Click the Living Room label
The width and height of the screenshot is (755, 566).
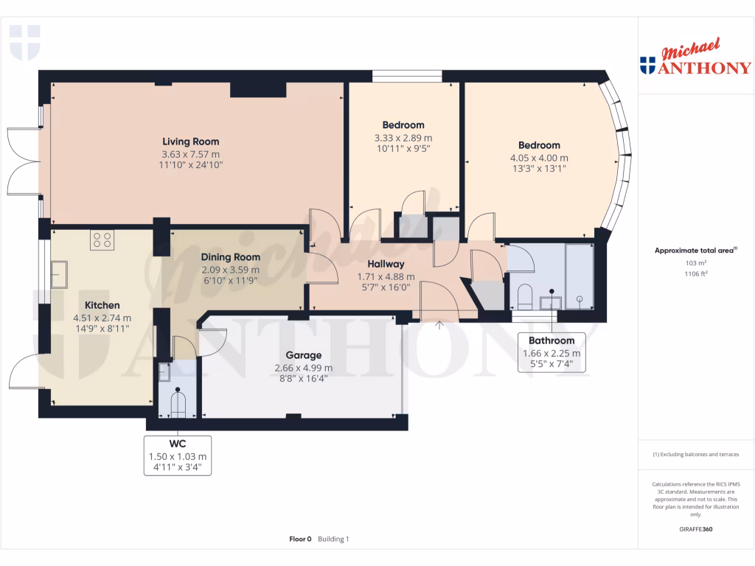tap(191, 141)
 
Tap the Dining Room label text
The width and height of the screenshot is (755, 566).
tap(231, 257)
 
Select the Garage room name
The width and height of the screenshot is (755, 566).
tap(303, 355)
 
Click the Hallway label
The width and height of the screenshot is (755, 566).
tap(386, 264)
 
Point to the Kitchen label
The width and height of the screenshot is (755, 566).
tap(102, 305)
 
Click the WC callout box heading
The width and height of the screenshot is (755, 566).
tap(178, 444)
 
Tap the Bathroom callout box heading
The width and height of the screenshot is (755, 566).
tap(552, 340)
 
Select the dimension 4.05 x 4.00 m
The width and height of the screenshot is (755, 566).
tap(539, 158)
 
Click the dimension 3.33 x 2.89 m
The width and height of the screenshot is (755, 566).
tap(403, 137)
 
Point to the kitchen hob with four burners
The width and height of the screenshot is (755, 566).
tap(102, 240)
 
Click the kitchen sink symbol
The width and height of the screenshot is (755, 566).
tap(59, 274)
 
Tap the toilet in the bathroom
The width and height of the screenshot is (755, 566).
tap(525, 297)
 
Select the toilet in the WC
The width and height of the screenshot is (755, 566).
tap(178, 403)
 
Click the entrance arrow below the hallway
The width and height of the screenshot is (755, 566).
tap(440, 324)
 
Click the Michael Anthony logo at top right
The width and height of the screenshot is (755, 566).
tap(695, 59)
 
